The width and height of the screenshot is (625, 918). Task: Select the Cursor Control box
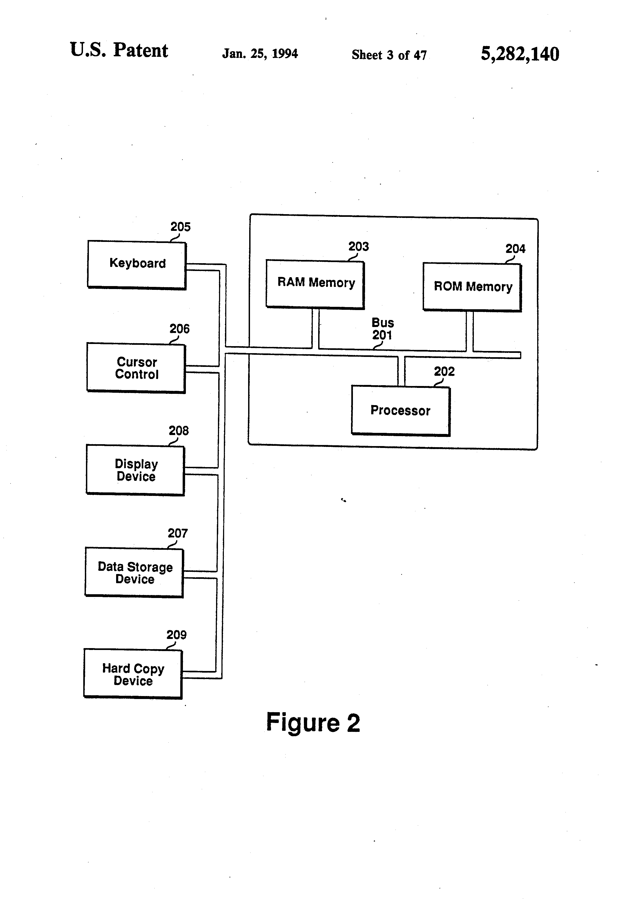coord(136,368)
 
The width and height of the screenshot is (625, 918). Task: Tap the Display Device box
coord(135,470)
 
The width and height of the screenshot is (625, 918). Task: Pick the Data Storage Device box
coord(134,572)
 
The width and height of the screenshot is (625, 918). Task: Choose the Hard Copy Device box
coord(133,674)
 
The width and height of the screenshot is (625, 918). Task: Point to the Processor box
coord(400,411)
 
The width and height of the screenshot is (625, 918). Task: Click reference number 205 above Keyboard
coord(180,227)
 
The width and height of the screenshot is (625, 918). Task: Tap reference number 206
coord(179,329)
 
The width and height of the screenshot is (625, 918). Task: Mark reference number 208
coord(179,430)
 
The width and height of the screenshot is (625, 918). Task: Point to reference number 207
coord(177,533)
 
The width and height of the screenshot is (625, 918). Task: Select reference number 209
coord(176,635)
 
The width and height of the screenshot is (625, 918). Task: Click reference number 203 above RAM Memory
coord(358,246)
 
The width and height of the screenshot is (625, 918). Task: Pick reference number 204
coord(515,249)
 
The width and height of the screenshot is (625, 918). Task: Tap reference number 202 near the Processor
coord(444,371)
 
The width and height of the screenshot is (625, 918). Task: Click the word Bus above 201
coord(383,323)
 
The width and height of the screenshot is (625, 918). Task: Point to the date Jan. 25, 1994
coord(259,53)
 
